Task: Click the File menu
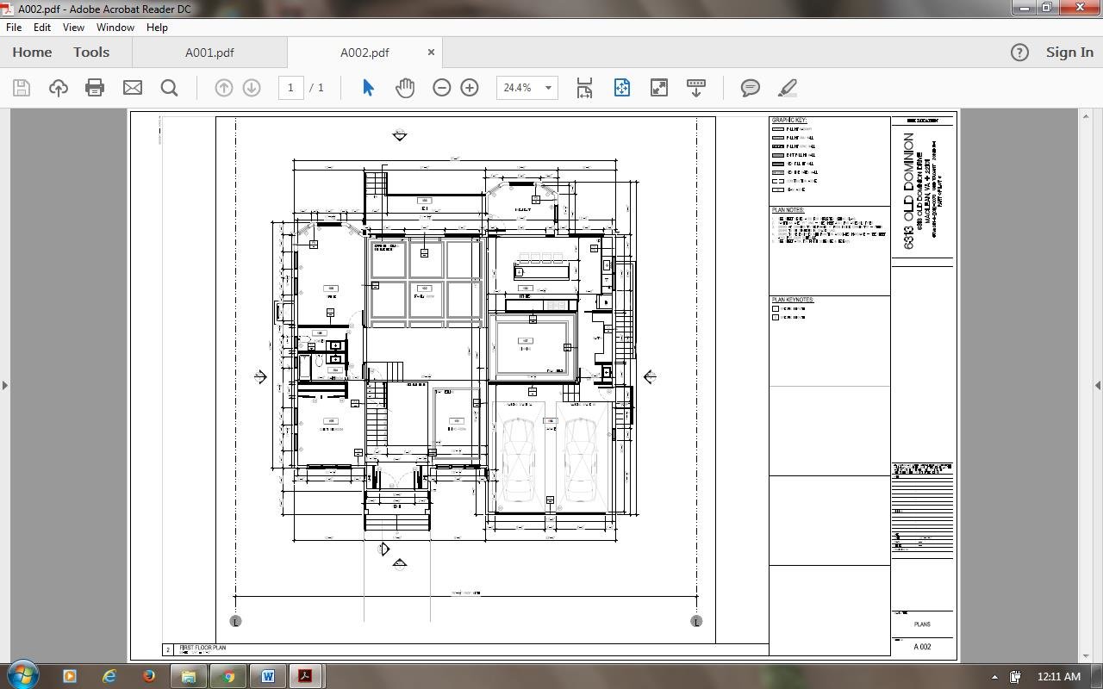14,28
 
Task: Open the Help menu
157,28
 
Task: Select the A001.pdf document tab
209,53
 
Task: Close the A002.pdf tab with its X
431,53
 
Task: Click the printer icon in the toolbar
95,88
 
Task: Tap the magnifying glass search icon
169,88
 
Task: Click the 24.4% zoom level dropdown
527,88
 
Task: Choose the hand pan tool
405,88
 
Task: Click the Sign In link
1069,53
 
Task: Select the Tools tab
90,53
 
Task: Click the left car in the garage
518,460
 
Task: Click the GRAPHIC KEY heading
788,121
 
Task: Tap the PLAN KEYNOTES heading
793,300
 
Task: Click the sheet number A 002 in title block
922,647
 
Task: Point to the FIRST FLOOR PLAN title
203,648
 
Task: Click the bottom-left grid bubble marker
235,621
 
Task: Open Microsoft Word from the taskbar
267,676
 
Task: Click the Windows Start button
23,676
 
